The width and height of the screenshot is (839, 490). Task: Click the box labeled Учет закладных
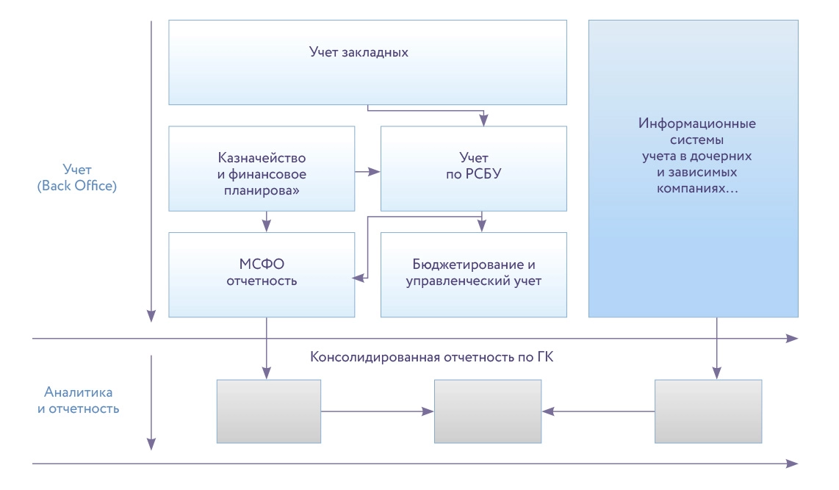[x=367, y=62]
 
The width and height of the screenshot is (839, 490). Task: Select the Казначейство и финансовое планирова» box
[x=262, y=168]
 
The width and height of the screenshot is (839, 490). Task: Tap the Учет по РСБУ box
[x=473, y=168]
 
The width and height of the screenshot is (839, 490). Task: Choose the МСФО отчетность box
[x=262, y=274]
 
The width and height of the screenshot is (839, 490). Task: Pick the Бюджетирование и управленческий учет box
[x=473, y=274]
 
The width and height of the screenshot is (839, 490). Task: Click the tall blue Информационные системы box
[x=693, y=168]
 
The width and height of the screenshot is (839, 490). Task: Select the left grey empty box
[x=269, y=411]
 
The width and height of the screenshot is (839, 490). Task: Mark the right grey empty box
[x=708, y=411]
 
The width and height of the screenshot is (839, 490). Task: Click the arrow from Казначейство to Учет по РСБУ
[x=367, y=173]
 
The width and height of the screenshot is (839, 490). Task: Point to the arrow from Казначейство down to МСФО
[x=267, y=220]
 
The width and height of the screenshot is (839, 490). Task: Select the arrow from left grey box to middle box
[x=377, y=411]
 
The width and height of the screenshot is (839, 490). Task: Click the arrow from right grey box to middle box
[x=599, y=411]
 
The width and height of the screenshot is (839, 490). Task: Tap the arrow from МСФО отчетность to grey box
[x=267, y=349]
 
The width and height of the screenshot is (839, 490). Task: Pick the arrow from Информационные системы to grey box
[x=716, y=349]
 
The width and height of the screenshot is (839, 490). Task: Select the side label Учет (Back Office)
[x=76, y=179]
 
